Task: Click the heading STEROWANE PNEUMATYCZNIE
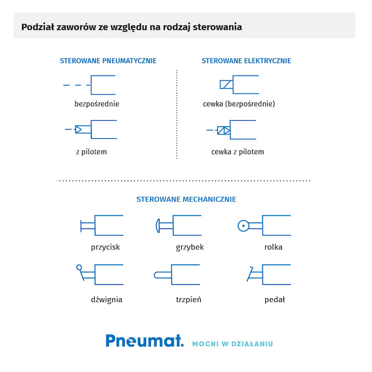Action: pyautogui.click(x=108, y=61)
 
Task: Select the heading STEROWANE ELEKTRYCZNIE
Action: pyautogui.click(x=246, y=61)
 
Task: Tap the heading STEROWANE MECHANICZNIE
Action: pyautogui.click(x=186, y=199)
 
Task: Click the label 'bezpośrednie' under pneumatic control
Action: pyautogui.click(x=97, y=104)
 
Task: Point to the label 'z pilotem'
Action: pyautogui.click(x=91, y=152)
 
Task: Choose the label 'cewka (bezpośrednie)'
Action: pyautogui.click(x=239, y=104)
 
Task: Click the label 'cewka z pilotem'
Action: pyautogui.click(x=238, y=152)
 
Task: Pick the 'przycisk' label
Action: pyautogui.click(x=105, y=248)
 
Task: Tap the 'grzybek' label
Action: pyautogui.click(x=190, y=248)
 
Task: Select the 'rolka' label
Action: pyautogui.click(x=273, y=247)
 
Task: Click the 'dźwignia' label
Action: pyautogui.click(x=106, y=300)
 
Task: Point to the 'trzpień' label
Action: pyautogui.click(x=188, y=300)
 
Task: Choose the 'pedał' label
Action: pyautogui.click(x=275, y=300)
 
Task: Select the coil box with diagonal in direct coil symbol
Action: pyautogui.click(x=226, y=84)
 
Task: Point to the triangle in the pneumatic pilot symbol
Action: pyautogui.click(x=79, y=129)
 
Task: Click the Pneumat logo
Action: pyautogui.click(x=145, y=341)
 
